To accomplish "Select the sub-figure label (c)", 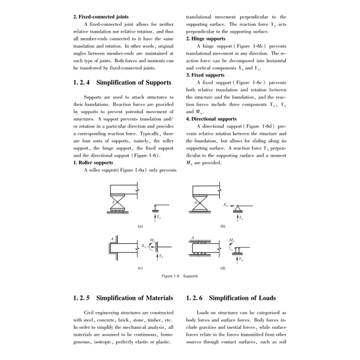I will (x=140, y=267).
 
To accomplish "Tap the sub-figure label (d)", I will (x=223, y=267).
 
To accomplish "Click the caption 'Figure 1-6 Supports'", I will (x=180, y=276).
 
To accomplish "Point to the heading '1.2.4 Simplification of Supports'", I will (x=122, y=83).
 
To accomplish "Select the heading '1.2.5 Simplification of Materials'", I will (x=123, y=298).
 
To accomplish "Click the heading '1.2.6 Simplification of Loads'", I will (x=231, y=298).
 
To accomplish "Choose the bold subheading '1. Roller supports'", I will (x=93, y=162).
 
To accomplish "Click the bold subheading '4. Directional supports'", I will (x=211, y=119).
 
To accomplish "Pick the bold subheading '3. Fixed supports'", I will (x=205, y=75).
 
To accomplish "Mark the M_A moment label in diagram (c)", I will (x=152, y=240).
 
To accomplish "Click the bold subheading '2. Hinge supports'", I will (x=206, y=39).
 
